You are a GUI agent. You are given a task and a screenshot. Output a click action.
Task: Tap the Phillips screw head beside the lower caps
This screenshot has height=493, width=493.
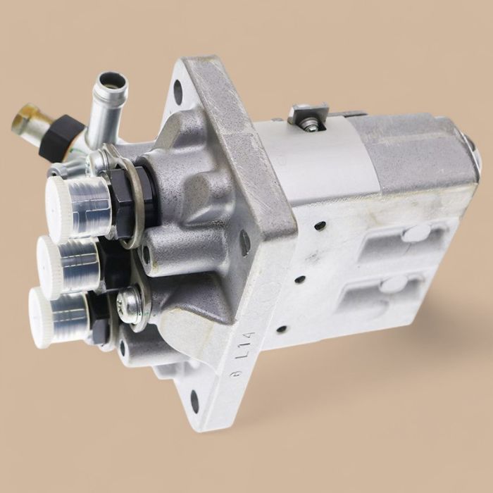pos(129,304)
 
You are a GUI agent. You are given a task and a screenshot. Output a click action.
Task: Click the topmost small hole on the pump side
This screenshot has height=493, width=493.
pos(320,226)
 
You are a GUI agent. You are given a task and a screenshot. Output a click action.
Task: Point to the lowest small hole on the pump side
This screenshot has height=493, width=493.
pos(281,329)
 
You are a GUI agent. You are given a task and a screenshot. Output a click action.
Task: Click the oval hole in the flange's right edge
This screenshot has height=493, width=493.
pos(245,243)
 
